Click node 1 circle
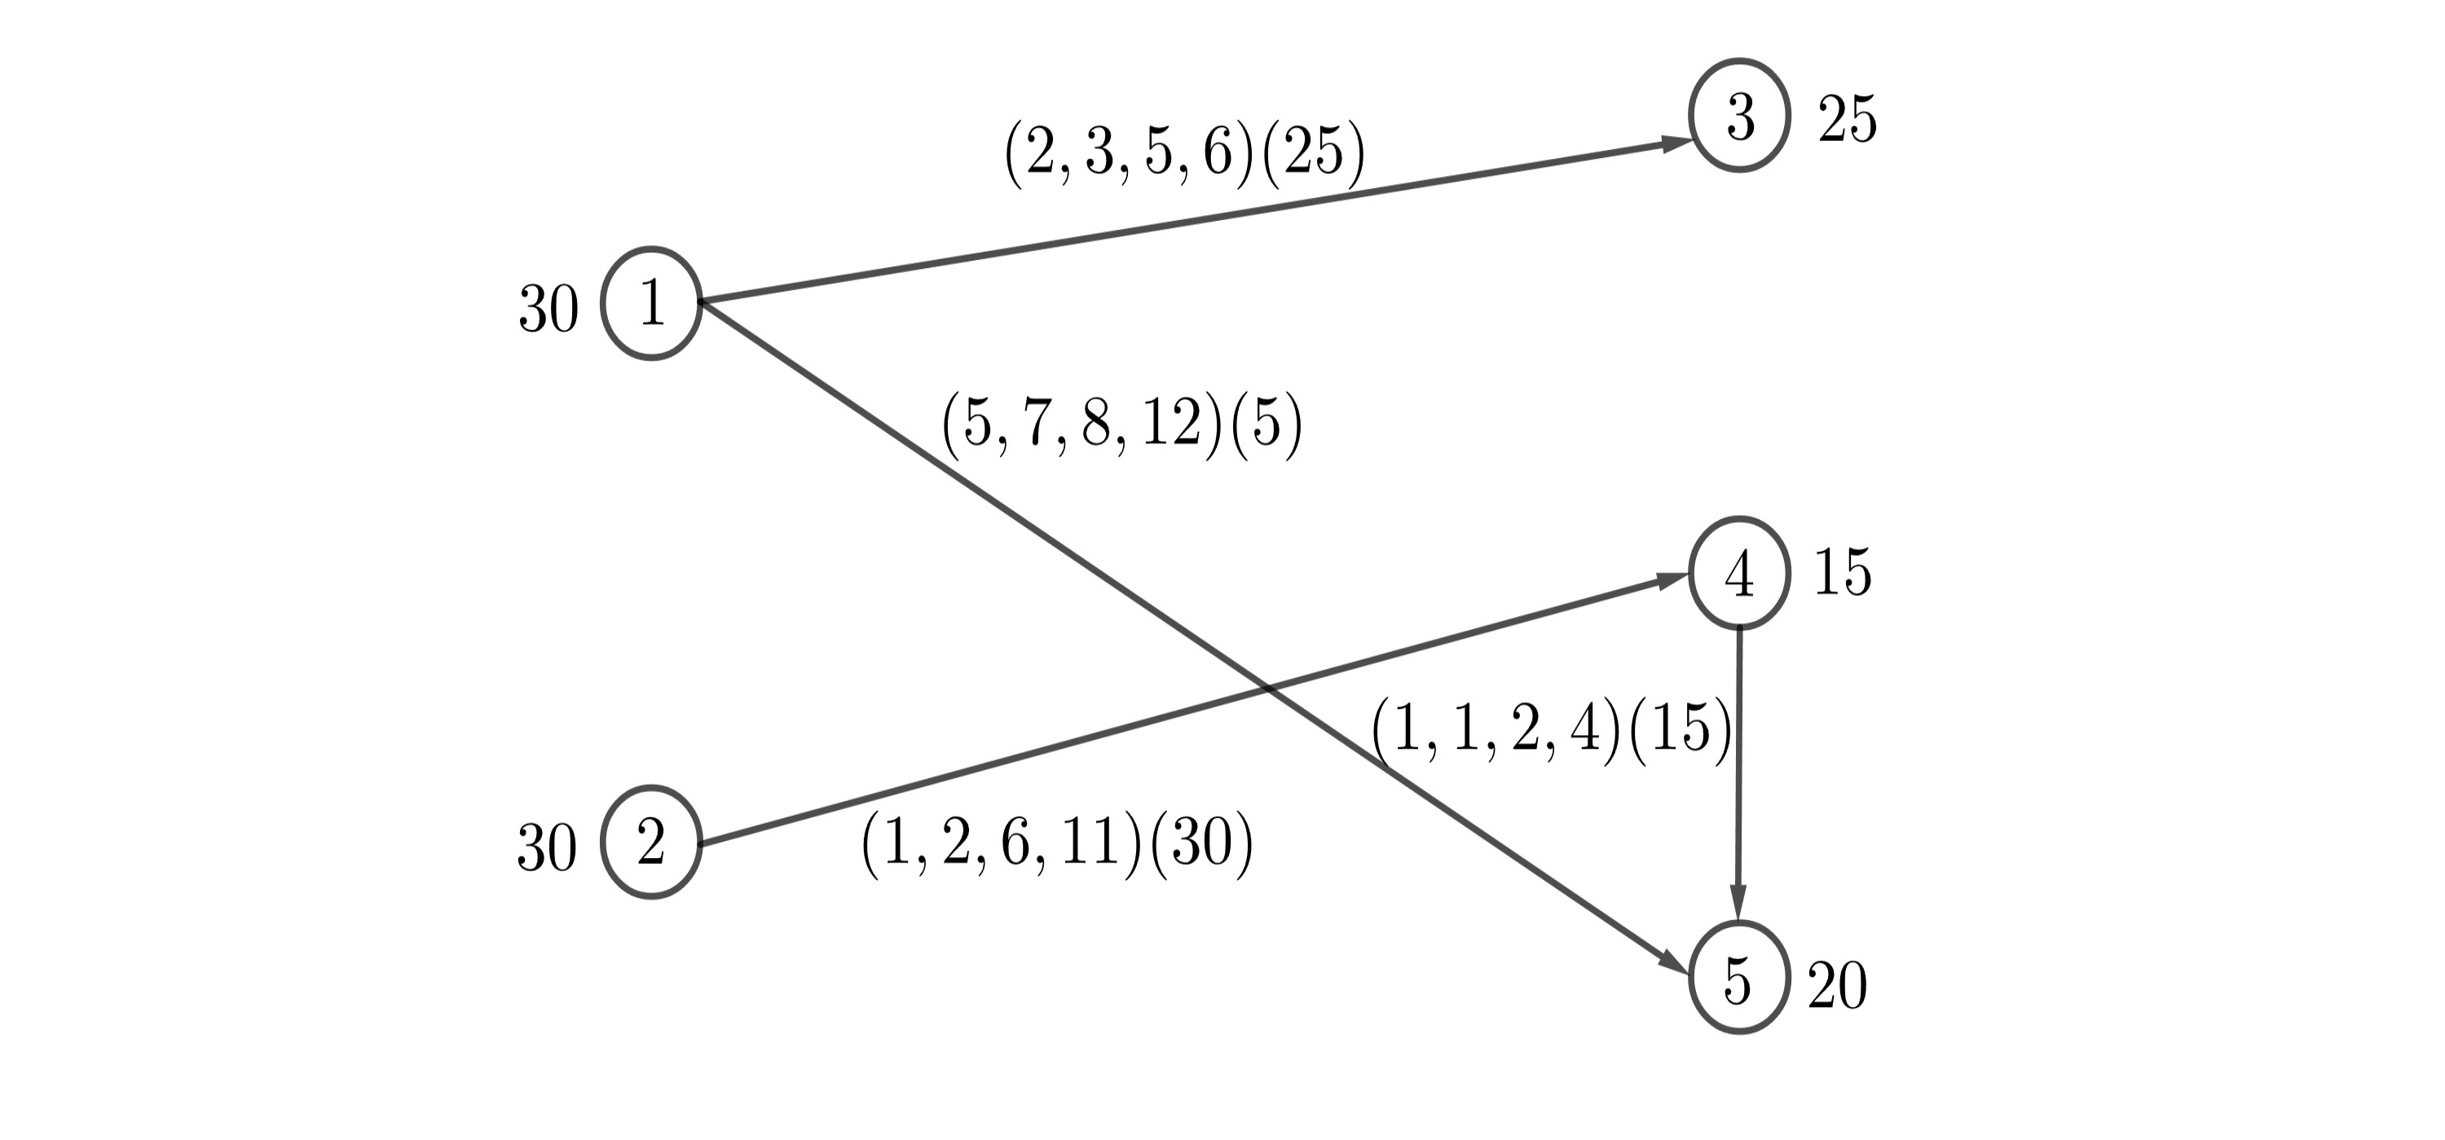pos(651,304)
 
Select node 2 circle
pos(651,842)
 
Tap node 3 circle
pos(1739,116)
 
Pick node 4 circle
pos(1739,574)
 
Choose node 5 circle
pos(1739,979)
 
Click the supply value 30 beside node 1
pos(548,310)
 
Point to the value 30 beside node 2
pos(547,847)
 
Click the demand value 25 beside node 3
pos(1847,121)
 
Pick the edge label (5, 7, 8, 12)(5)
pos(1121,424)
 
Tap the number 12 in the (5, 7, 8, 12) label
pos(1171,424)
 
